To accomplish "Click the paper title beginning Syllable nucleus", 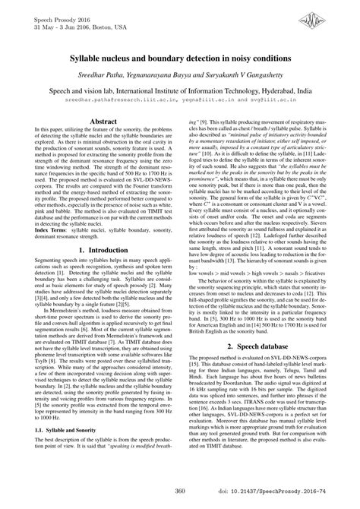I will coord(180,58).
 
